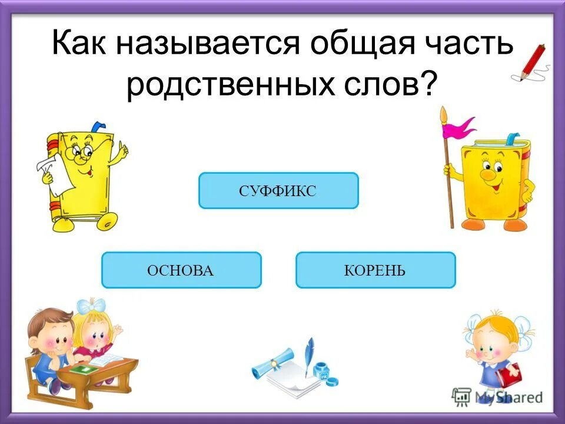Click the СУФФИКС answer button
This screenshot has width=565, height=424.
pyautogui.click(x=278, y=191)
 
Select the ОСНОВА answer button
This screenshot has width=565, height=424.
pyautogui.click(x=181, y=270)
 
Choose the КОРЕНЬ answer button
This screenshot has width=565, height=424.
pyautogui.click(x=375, y=270)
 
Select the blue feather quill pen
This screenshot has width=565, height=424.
pyautogui.click(x=307, y=353)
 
